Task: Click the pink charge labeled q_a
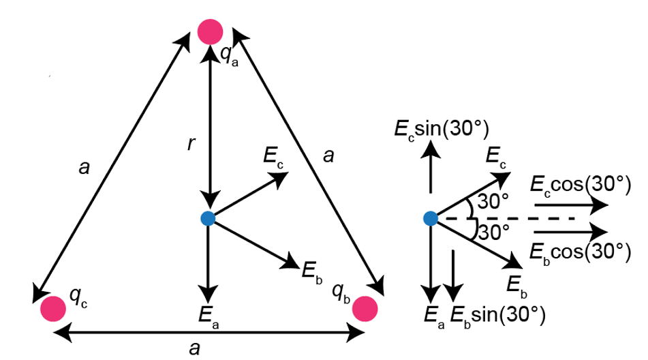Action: click(210, 31)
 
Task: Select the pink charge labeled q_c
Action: click(52, 308)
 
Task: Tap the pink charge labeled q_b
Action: click(365, 308)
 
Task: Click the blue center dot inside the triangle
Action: click(209, 218)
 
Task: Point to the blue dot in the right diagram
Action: click(430, 218)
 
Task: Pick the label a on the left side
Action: click(84, 167)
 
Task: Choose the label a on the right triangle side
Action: click(329, 157)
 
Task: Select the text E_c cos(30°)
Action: click(578, 185)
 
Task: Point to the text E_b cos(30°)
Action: click(578, 250)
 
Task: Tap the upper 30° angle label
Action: click(493, 202)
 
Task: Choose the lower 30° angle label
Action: click(493, 232)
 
